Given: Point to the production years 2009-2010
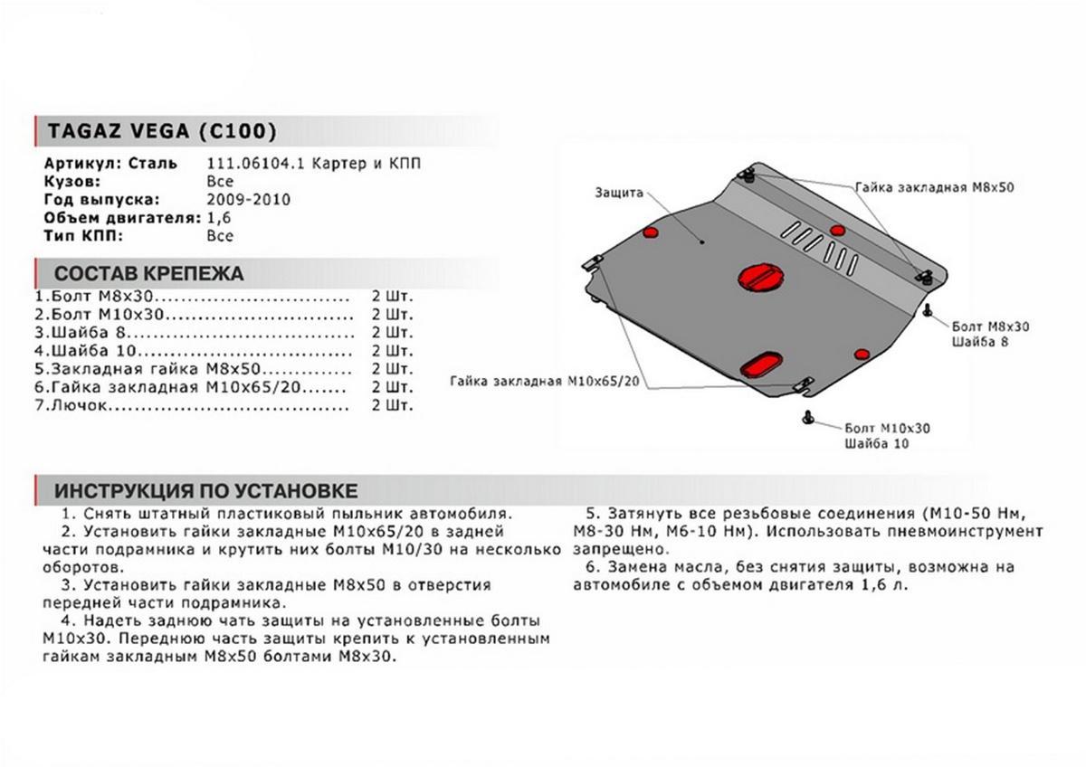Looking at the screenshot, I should tap(249, 200).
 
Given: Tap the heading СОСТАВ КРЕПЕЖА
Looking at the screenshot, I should tap(148, 273).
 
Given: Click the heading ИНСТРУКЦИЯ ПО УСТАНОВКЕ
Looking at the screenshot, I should tap(205, 491).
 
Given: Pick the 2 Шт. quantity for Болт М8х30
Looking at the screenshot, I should tap(391, 297).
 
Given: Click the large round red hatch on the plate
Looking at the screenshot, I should tap(757, 277).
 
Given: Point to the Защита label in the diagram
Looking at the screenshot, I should tap(619, 193).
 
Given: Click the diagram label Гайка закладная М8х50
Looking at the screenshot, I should tap(934, 188).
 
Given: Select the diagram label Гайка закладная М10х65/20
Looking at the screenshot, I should tap(545, 382).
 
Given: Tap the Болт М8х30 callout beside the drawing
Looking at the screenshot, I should tap(991, 326).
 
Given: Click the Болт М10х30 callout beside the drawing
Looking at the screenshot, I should tap(887, 427).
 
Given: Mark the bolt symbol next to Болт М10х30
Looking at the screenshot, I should tap(807, 417).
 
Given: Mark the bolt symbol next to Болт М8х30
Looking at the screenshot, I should tap(929, 310).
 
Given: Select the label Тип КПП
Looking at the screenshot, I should tap(82, 236).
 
